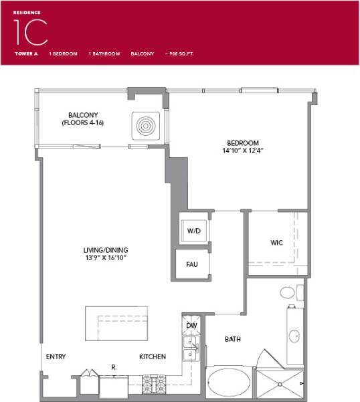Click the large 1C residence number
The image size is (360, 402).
(x=30, y=31)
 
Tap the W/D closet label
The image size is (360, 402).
(x=194, y=231)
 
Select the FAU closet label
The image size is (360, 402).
(x=192, y=264)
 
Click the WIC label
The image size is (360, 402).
(x=276, y=242)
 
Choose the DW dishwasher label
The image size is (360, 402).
(x=192, y=326)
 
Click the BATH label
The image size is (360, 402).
(x=232, y=339)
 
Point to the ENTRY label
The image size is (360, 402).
(x=56, y=357)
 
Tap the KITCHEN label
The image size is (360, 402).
(x=153, y=357)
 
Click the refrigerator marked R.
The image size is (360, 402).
(x=113, y=384)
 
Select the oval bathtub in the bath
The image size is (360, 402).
(x=228, y=383)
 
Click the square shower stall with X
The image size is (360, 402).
(x=279, y=384)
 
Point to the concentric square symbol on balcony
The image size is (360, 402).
(x=146, y=125)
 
